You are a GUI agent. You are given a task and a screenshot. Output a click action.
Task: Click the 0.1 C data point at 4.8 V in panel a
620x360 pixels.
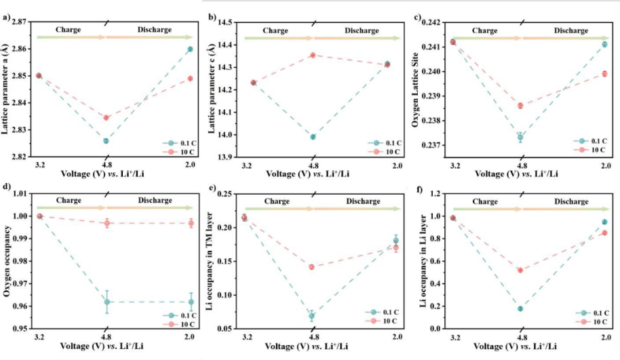pyautogui.click(x=106, y=141)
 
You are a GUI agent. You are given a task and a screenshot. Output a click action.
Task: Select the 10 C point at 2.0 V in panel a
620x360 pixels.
pyautogui.click(x=190, y=79)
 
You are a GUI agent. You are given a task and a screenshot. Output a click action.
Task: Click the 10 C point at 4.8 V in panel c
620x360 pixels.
pyautogui.click(x=520, y=106)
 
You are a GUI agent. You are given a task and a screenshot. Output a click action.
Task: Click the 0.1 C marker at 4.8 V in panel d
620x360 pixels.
pyautogui.click(x=106, y=302)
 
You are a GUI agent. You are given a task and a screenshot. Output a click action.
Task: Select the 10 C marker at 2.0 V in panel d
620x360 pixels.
pyautogui.click(x=191, y=223)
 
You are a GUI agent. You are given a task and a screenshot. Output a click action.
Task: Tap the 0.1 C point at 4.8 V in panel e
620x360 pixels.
pyautogui.click(x=312, y=316)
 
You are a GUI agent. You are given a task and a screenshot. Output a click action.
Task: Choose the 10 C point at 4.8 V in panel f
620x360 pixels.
pyautogui.click(x=520, y=270)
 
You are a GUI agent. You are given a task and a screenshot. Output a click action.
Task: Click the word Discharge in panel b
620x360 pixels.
pyautogui.click(x=362, y=31)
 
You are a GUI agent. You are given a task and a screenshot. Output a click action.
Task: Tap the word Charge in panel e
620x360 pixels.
pyautogui.click(x=275, y=201)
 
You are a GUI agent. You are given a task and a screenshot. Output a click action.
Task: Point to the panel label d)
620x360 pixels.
pyautogui.click(x=6, y=186)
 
